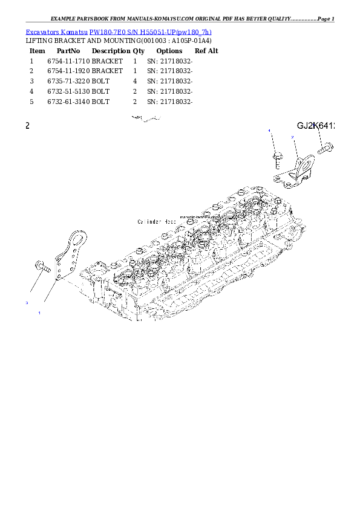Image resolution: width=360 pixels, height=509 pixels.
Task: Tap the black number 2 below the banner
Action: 27,126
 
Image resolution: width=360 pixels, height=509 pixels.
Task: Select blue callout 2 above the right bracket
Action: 293,138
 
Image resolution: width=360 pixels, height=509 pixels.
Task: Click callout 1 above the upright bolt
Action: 270,131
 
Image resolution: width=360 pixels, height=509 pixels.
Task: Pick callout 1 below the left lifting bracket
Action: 39,313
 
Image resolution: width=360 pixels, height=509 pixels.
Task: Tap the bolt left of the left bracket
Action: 42,265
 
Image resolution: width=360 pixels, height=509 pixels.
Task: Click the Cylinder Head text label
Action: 157,222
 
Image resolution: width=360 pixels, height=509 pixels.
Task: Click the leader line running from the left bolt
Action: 35,284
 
